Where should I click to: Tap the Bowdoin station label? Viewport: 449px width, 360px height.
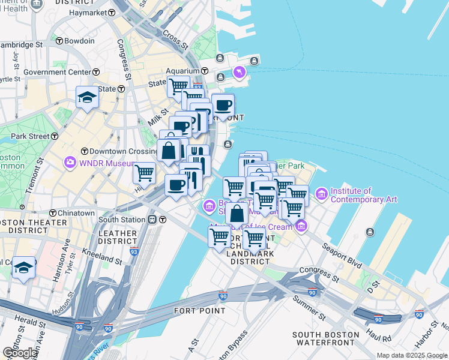pos(79,41)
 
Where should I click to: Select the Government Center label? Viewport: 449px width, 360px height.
pos(57,72)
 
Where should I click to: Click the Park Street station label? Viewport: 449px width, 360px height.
pos(29,136)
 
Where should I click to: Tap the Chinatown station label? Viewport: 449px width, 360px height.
pos(76,213)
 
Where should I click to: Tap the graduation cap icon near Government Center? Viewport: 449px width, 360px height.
pos(87,97)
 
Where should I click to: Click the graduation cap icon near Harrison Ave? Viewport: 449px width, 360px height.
pos(24,267)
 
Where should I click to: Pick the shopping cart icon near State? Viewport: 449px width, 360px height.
pos(178,86)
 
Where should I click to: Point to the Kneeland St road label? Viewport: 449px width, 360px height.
pos(103,259)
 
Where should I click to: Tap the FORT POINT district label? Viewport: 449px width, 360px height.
pos(200,311)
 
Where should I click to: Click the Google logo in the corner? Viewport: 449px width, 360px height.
pos(20,352)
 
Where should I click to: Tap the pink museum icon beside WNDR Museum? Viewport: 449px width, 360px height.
pos(70,162)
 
